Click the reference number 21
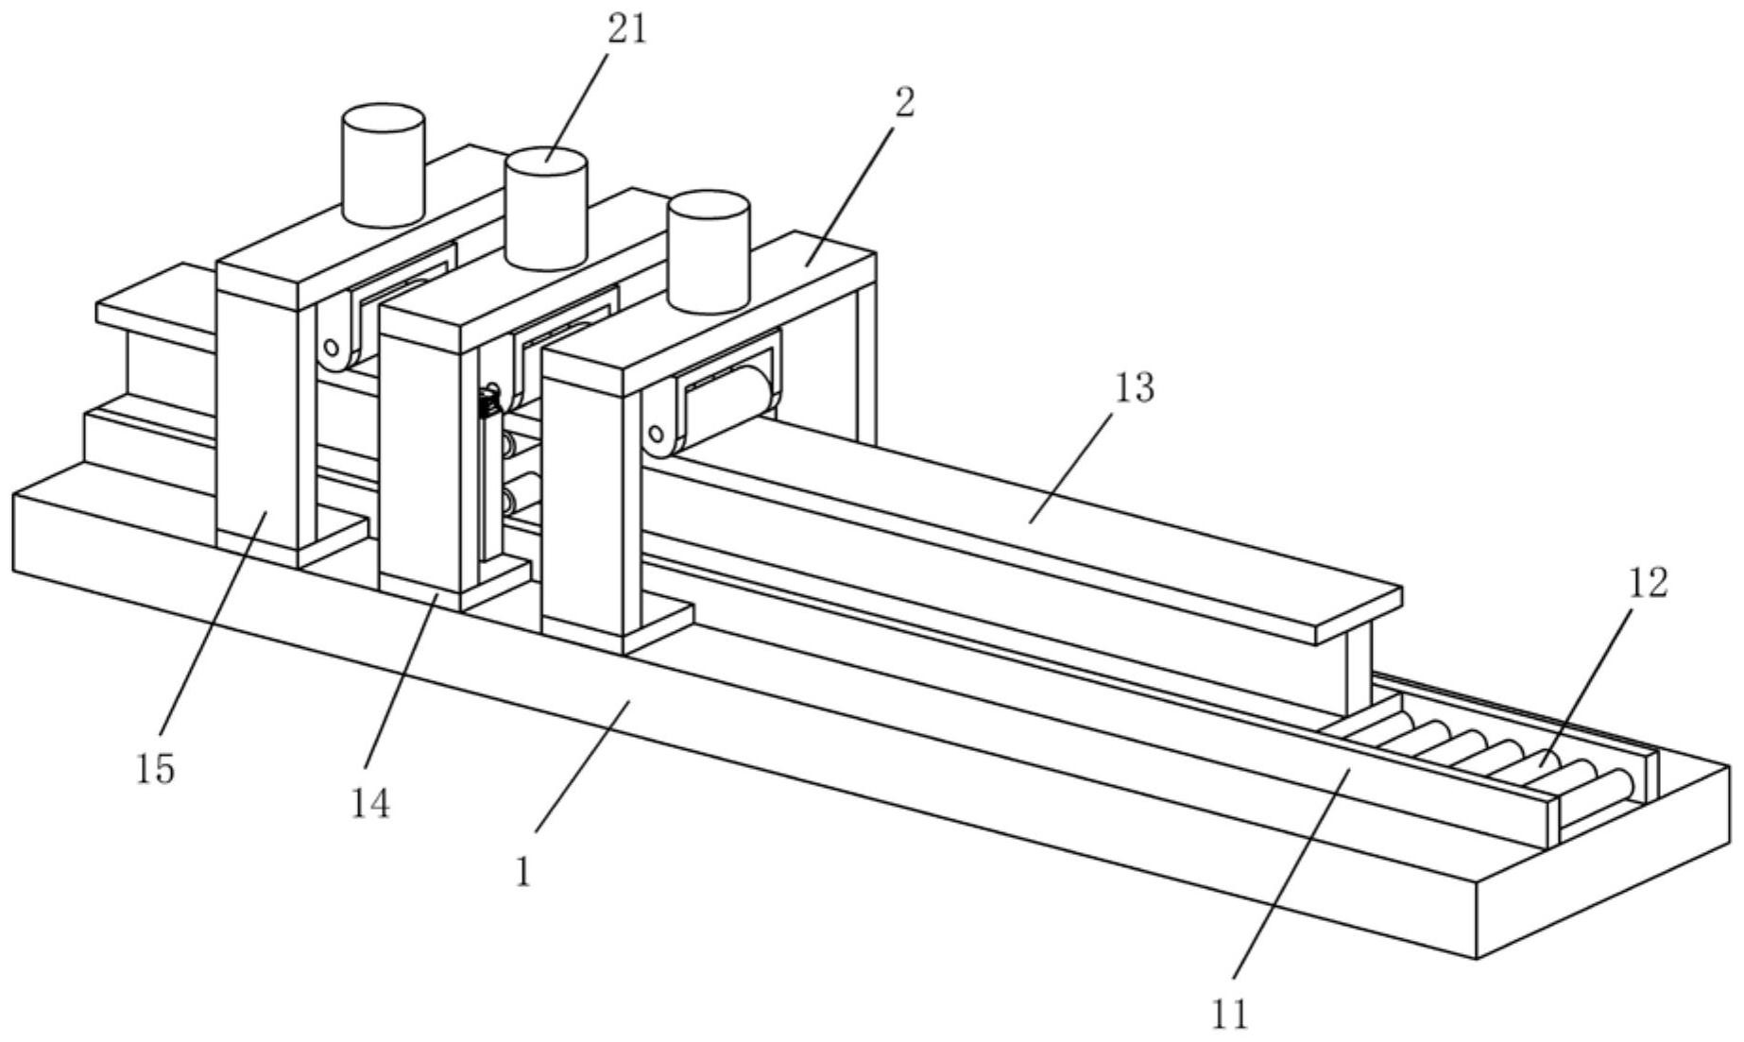pyautogui.click(x=627, y=31)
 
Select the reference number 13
pyautogui.click(x=1134, y=388)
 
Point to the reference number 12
pyautogui.click(x=1647, y=583)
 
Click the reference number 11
pyautogui.click(x=1229, y=1014)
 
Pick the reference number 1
pyautogui.click(x=523, y=871)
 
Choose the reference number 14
pyautogui.click(x=370, y=804)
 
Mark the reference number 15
pyautogui.click(x=155, y=770)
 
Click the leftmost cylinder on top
pyautogui.click(x=383, y=165)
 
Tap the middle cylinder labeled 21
pyautogui.click(x=546, y=208)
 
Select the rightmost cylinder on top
pyautogui.click(x=709, y=252)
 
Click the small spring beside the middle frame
pyautogui.click(x=489, y=401)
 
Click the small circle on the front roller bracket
pyautogui.click(x=654, y=435)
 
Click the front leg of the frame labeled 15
pyautogui.click(x=257, y=425)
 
